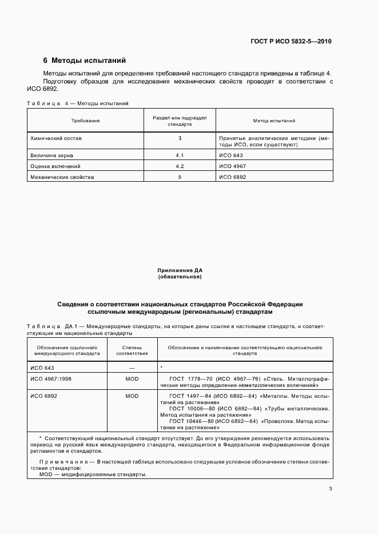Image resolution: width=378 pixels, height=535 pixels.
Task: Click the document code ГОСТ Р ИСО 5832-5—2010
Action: tap(291, 42)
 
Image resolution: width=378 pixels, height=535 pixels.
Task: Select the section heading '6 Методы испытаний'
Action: tap(84, 60)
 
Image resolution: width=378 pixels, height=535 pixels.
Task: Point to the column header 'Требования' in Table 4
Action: tap(85, 121)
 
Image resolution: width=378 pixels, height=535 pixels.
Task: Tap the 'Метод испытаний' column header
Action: tap(274, 121)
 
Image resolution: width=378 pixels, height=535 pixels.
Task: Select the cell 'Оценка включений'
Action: tap(54, 166)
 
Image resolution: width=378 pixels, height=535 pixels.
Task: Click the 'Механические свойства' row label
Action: tap(62, 177)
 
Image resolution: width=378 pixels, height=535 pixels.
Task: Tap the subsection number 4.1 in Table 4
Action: tap(180, 155)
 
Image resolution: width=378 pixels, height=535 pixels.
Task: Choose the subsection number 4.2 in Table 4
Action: tap(180, 166)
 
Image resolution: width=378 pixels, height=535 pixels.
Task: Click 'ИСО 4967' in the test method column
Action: tap(232, 166)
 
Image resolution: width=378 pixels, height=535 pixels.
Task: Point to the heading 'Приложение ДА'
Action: tap(180, 270)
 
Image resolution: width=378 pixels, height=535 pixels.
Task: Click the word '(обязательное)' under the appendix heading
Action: tap(180, 277)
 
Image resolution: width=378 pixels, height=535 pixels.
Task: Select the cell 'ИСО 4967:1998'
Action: tap(51, 378)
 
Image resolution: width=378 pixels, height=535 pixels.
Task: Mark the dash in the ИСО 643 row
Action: tap(132, 368)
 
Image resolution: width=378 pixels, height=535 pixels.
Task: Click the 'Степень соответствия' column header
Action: tap(132, 350)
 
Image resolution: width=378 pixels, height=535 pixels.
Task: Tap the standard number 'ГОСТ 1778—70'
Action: tap(190, 378)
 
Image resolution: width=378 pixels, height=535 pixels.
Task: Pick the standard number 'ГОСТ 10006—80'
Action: tap(192, 409)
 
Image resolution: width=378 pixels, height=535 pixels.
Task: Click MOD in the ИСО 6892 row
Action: tap(132, 396)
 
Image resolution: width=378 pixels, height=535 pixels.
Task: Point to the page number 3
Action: tap(330, 489)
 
